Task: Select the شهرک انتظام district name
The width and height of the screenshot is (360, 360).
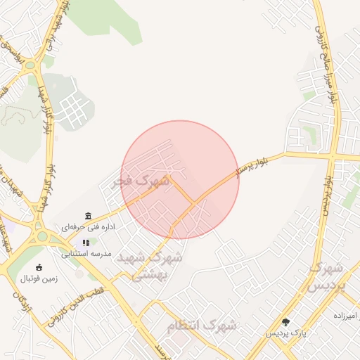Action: point(202,326)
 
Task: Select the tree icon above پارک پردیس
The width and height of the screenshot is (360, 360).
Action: point(285,321)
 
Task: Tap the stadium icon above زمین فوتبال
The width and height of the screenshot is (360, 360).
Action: point(39,267)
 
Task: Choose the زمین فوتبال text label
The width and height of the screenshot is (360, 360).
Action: point(39,278)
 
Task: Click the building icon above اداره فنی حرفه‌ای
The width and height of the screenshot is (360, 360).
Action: point(88,216)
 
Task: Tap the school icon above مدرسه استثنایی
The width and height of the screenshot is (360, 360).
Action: point(86,243)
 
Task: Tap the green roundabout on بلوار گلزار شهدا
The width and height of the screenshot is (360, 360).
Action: point(30,65)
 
